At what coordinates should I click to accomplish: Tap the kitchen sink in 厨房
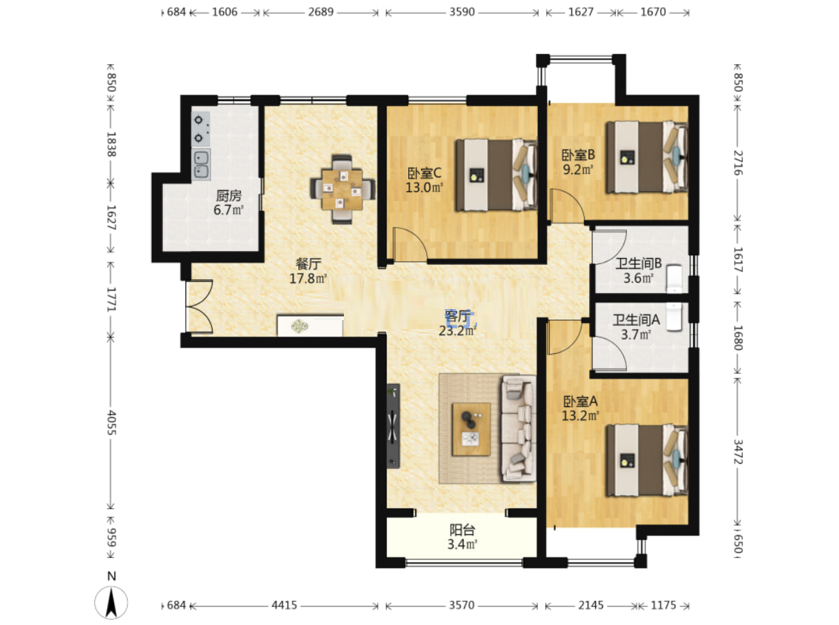point(201,164)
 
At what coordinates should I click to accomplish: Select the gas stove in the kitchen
point(200,129)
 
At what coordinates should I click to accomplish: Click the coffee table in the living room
point(471,429)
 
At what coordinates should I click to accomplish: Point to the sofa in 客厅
point(519,428)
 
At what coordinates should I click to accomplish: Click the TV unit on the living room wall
point(393,426)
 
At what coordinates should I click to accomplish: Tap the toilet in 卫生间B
point(675,278)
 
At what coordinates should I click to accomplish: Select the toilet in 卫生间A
point(675,317)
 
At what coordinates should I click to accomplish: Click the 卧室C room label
point(424,173)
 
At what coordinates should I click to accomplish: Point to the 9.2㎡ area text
point(577,169)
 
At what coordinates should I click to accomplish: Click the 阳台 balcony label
point(462,530)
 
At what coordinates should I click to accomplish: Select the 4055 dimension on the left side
point(111,423)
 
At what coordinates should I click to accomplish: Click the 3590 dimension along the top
point(462,12)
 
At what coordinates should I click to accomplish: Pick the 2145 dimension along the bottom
point(590,605)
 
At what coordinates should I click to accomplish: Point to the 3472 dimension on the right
point(737,452)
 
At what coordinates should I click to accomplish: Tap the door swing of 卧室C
point(409,244)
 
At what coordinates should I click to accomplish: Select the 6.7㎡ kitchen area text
point(228,210)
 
